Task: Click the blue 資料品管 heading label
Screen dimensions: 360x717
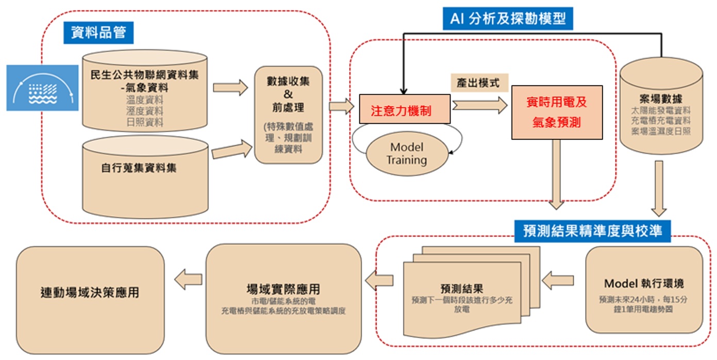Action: tap(98, 32)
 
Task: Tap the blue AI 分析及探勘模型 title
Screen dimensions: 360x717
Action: tap(508, 19)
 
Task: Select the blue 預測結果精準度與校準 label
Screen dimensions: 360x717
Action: tap(592, 230)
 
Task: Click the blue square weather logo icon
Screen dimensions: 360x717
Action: tap(42, 88)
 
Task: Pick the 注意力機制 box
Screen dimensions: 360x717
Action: tap(405, 109)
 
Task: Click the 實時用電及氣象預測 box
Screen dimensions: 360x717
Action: tap(557, 112)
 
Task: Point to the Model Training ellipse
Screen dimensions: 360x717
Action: tap(407, 153)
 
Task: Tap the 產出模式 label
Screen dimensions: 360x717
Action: tap(478, 83)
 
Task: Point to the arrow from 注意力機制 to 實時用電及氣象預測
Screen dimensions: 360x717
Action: tap(480, 106)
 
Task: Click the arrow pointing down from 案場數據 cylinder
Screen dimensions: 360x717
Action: tap(659, 188)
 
